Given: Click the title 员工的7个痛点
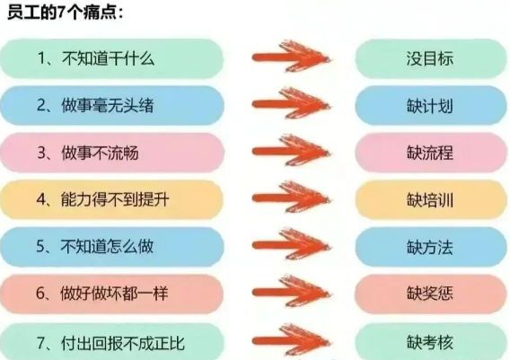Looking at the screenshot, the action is click(x=65, y=13).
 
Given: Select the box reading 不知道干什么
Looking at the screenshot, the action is click(x=112, y=58).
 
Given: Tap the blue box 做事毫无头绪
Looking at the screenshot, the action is click(x=112, y=106).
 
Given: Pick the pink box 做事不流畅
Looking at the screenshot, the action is click(x=112, y=153).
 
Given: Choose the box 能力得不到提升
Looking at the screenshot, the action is click(x=112, y=199).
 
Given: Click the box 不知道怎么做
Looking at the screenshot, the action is click(x=112, y=247).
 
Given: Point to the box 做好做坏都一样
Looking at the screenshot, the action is click(x=112, y=294).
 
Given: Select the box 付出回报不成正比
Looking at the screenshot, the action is click(x=112, y=341).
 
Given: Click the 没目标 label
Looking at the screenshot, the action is click(x=430, y=58).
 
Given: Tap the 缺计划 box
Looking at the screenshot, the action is click(x=430, y=106).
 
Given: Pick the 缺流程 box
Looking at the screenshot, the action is click(x=430, y=153).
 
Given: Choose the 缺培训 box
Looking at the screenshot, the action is click(x=430, y=199).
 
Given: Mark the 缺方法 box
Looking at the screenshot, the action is click(x=430, y=247).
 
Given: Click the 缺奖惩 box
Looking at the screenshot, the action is click(x=430, y=294).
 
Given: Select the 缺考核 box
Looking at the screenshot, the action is click(x=430, y=341).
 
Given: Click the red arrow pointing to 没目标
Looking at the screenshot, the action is click(x=291, y=57).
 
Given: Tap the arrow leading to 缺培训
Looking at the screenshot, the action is click(x=291, y=198).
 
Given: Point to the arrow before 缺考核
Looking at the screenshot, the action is click(x=291, y=341).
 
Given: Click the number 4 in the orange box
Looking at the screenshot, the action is click(x=41, y=199).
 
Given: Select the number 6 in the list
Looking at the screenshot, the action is click(x=40, y=294).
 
